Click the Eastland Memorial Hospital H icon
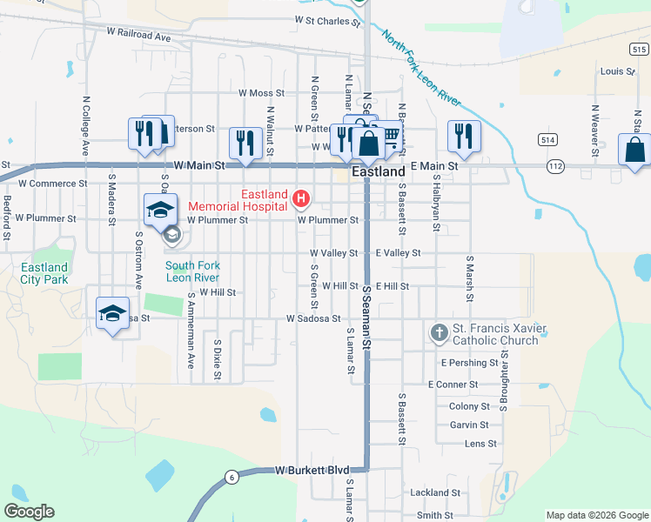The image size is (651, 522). point(301,199)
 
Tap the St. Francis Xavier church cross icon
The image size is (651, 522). point(439,332)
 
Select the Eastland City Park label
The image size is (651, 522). point(44,273)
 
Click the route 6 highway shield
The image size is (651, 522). point(231,476)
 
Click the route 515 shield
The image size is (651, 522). point(640,50)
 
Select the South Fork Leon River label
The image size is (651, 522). point(192,271)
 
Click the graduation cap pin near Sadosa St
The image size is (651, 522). point(112,313)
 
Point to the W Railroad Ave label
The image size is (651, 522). point(139,37)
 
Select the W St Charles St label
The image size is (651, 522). point(327,19)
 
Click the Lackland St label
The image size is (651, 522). point(435,492)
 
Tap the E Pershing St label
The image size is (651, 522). point(470,362)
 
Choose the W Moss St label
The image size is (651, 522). point(262,93)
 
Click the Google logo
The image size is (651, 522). point(29,511)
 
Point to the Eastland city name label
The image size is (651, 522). point(379,173)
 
